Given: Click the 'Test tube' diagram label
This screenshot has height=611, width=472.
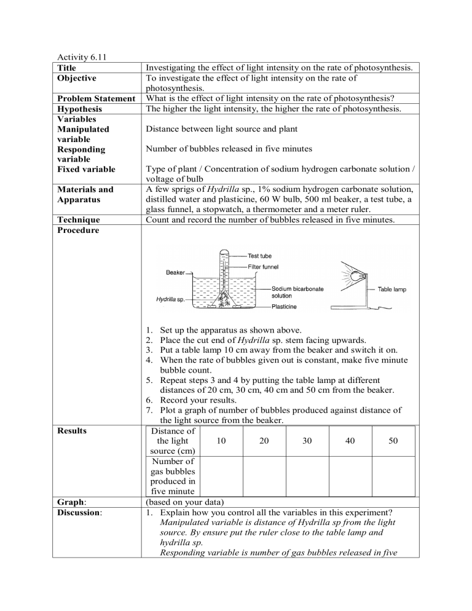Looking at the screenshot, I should click(x=260, y=256).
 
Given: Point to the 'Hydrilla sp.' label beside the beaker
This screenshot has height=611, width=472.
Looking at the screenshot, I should click(x=170, y=300).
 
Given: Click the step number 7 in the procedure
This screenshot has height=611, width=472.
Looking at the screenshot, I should click(x=151, y=411).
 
